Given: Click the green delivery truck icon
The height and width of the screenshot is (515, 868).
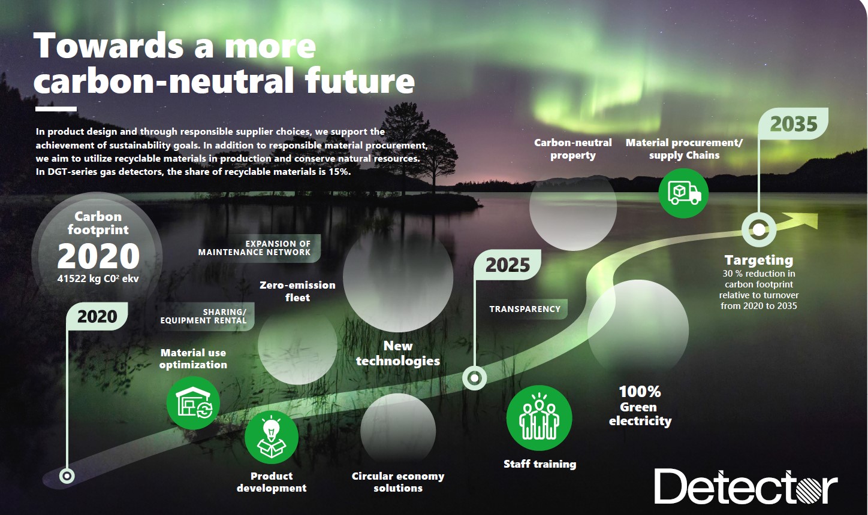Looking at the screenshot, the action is (x=683, y=193).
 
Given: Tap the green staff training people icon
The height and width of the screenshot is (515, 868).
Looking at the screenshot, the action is (x=539, y=418).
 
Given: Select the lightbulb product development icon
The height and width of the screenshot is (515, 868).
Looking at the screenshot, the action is (x=272, y=437).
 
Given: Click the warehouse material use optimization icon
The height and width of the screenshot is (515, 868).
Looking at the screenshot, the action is (x=193, y=402).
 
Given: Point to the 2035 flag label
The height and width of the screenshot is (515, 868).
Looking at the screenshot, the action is (x=793, y=124).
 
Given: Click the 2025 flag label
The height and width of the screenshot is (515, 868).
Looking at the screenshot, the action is (x=508, y=265).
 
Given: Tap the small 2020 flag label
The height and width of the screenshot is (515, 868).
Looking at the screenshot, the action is (x=97, y=316).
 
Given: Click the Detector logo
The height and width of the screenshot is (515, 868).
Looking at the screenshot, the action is (x=746, y=487).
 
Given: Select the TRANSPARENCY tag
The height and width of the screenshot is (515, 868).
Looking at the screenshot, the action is (x=525, y=309).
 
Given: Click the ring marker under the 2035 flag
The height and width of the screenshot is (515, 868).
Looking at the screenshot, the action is (x=759, y=229).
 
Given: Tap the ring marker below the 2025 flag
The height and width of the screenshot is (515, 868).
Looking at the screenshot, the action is (x=474, y=377).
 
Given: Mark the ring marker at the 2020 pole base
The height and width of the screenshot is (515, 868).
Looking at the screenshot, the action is (x=67, y=475).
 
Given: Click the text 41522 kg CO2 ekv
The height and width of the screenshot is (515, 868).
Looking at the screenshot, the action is (x=98, y=278).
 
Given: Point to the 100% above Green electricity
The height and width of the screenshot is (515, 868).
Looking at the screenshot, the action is (x=640, y=392).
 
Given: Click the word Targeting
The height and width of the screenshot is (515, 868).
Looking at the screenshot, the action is (x=759, y=260).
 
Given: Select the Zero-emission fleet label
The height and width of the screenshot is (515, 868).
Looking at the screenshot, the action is (x=297, y=291).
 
